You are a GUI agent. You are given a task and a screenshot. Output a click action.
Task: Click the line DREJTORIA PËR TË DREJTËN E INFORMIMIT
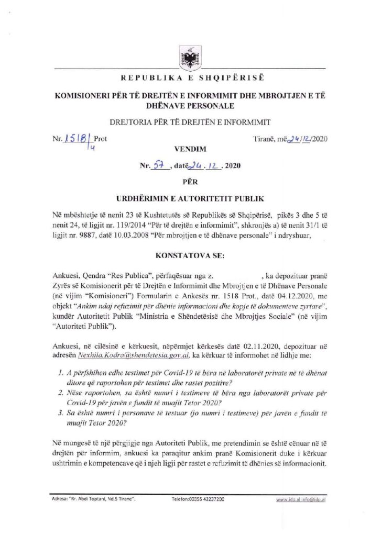190,123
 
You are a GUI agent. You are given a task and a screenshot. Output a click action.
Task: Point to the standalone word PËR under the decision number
190,182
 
